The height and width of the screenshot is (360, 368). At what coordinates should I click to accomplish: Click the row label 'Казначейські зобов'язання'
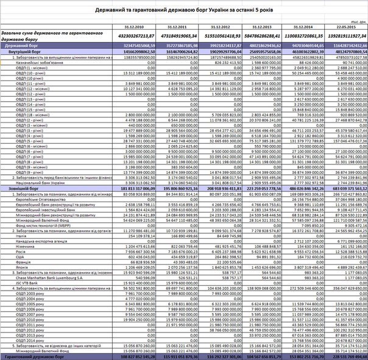[30, 62]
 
